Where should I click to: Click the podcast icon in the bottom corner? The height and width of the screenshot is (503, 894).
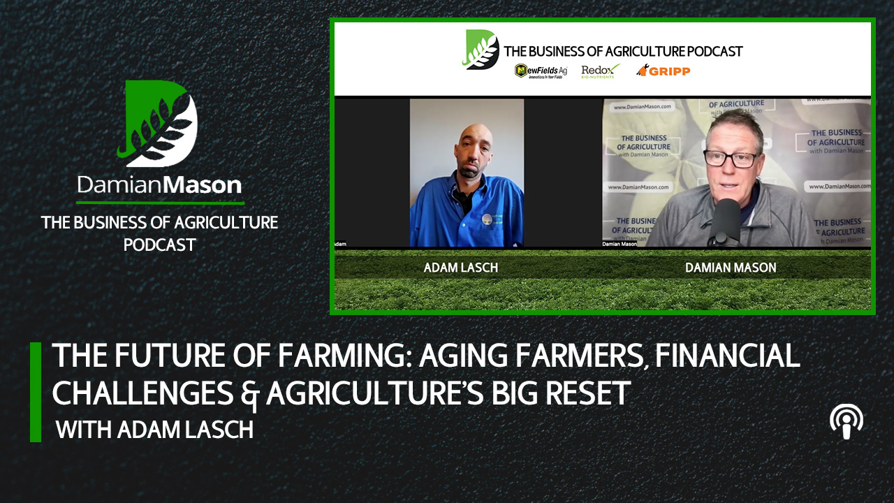pos(846,422)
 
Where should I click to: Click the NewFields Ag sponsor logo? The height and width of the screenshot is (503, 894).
pos(541,71)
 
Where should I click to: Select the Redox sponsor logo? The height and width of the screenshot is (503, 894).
pos(600,71)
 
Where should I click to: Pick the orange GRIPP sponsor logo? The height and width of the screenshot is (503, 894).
pos(663,70)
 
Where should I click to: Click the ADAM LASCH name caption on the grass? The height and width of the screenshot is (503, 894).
pos(461,268)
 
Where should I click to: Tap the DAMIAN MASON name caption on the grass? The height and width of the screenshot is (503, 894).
pos(731,268)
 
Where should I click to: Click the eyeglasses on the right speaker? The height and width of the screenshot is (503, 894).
pos(730,159)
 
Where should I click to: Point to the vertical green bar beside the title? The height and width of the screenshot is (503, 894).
pos(36,392)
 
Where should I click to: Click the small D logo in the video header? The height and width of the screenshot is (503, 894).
pos(481,50)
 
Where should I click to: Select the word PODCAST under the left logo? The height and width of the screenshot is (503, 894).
pos(159,245)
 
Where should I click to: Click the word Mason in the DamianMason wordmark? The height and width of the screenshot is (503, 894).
pos(207,185)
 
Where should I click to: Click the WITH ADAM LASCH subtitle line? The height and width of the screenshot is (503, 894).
pos(154,429)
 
